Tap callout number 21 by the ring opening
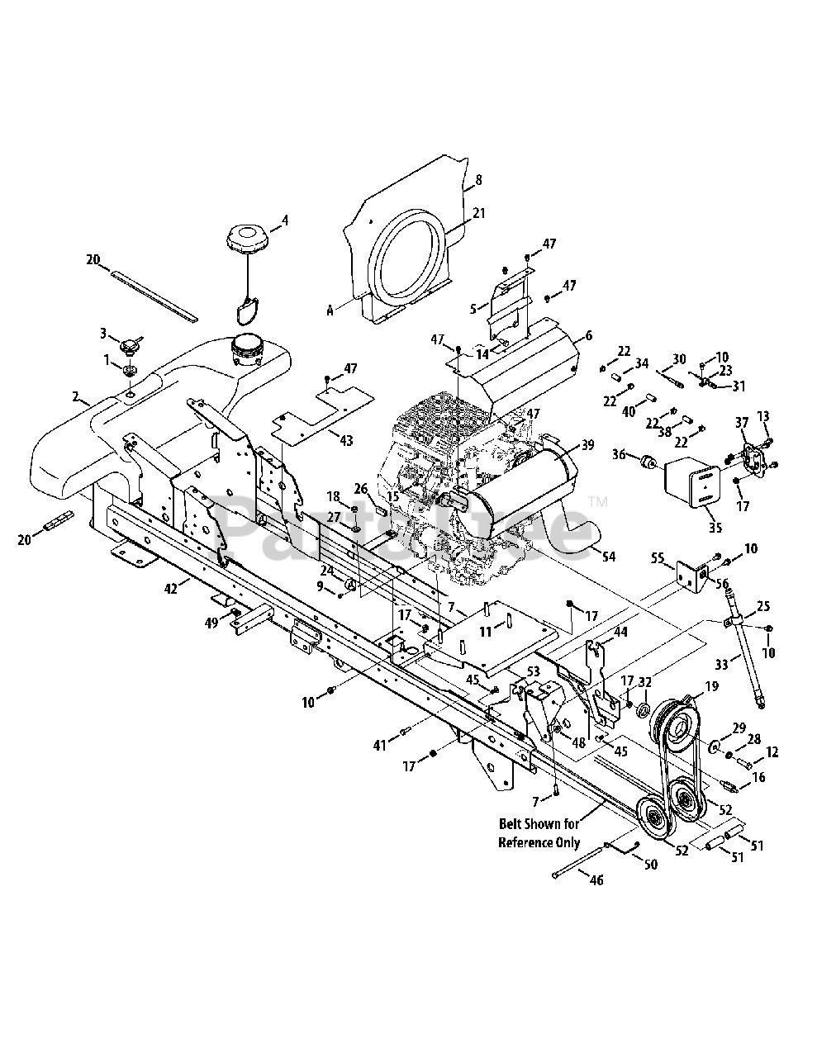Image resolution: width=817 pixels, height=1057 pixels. point(479,213)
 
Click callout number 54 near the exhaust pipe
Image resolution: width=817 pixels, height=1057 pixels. point(609,557)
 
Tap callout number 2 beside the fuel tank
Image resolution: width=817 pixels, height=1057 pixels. point(75,397)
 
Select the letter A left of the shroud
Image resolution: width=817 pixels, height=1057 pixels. point(330,310)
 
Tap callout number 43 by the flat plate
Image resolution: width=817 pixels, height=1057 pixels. point(346,441)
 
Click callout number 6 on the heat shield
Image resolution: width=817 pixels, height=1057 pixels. point(588,335)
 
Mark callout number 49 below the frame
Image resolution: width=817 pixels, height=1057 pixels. point(212,623)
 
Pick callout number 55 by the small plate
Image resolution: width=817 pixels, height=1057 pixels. point(658,558)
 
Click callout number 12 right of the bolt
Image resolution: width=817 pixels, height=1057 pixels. point(772,753)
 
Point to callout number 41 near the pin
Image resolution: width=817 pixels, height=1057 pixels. point(379,746)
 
